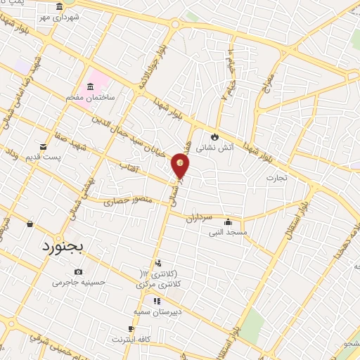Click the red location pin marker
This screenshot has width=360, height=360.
tap(181, 165)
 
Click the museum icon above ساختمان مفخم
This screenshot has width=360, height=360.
tap(89, 87)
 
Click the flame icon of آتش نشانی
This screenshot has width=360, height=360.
tap(214, 136)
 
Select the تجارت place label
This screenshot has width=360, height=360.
tap(278, 178)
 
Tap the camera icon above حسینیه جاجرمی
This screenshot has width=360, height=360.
tap(78, 272)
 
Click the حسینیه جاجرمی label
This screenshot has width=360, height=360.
tap(78, 283)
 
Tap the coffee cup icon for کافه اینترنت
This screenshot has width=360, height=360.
tap(131, 329)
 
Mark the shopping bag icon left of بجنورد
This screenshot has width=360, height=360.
tap(30, 224)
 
